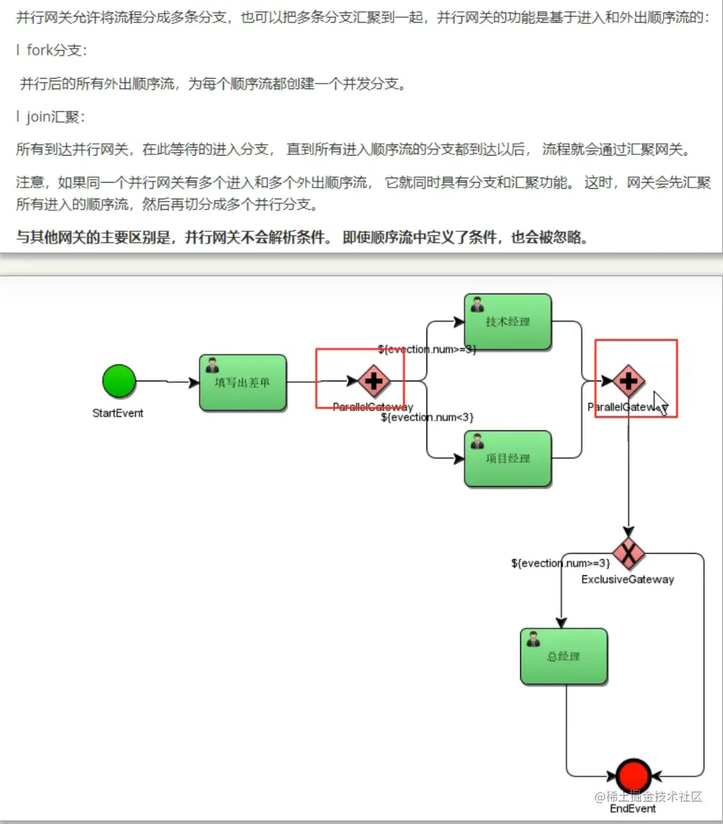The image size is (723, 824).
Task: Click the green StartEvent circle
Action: pos(119,381)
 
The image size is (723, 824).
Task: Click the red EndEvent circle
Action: pos(633,775)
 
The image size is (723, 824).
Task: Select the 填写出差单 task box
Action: pos(243,383)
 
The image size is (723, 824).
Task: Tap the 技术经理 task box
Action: pos(508,322)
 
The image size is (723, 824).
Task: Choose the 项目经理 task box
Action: pos(508,459)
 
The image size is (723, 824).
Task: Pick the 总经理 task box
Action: pos(564,656)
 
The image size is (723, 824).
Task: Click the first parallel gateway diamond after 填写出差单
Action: pos(373,381)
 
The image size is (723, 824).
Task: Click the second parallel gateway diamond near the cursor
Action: pos(628,381)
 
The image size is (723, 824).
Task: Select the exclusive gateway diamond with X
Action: pos(629,554)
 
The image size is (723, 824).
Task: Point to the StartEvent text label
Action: pos(118,413)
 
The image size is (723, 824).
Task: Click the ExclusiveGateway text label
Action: pos(627,579)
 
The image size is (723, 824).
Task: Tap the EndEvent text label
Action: pos(633,809)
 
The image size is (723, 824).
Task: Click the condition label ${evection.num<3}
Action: pos(427,418)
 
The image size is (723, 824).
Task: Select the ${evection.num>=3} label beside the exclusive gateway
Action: pos(561,563)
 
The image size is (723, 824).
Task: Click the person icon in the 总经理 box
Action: pos(533,639)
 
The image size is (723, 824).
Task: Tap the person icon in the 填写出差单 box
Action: pos(212,365)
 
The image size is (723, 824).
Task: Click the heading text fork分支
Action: pos(57,51)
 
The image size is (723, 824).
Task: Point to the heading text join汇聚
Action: pos(55,117)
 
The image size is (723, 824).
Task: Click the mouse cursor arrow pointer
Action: pos(660,403)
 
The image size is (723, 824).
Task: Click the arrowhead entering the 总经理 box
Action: pos(561,623)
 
